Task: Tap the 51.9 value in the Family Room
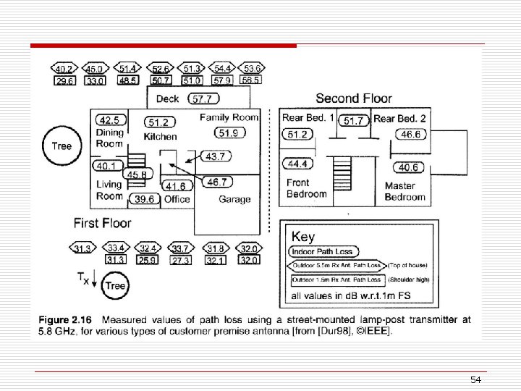(x=231, y=133)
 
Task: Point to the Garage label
(x=234, y=199)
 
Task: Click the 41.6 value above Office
(x=177, y=186)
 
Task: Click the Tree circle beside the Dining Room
(x=62, y=146)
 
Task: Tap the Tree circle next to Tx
(x=116, y=285)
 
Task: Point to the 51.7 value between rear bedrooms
(x=353, y=121)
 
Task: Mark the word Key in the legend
(x=303, y=236)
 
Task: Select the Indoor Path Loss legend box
(x=321, y=251)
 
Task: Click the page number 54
(x=475, y=380)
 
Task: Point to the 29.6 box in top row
(x=64, y=82)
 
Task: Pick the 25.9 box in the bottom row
(x=148, y=260)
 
